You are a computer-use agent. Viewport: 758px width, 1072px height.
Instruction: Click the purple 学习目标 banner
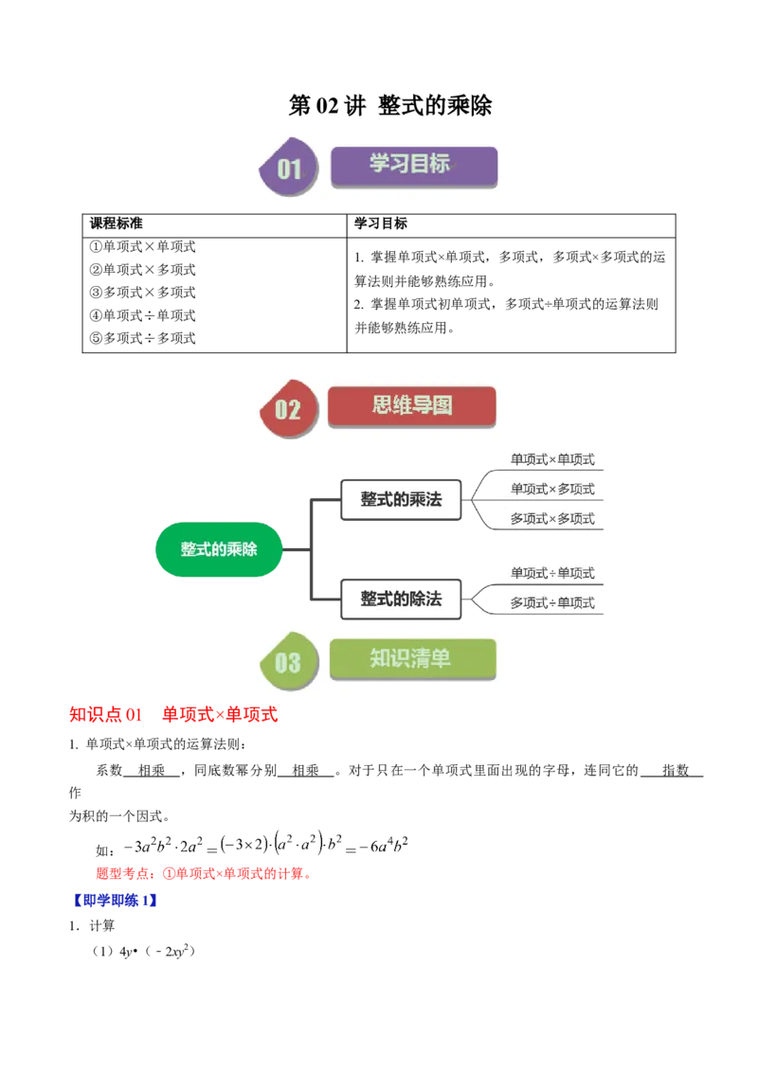coord(413,166)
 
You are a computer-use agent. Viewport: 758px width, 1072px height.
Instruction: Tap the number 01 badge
coord(288,170)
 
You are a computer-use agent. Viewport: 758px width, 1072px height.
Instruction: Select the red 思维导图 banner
coord(411,406)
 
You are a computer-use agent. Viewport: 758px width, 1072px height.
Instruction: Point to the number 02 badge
coord(287,409)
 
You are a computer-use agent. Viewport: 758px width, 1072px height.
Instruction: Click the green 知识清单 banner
coord(412,659)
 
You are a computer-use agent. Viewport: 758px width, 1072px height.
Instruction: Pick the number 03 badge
coord(287,662)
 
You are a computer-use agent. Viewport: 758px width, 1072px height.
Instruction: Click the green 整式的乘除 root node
coord(219,549)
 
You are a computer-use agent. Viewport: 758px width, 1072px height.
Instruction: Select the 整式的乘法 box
coord(401,499)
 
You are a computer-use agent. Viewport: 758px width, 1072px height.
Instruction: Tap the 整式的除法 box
coord(401,599)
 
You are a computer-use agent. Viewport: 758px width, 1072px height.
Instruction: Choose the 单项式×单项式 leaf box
coord(552,460)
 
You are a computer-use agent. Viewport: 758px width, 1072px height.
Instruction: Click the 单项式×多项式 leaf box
coord(552,490)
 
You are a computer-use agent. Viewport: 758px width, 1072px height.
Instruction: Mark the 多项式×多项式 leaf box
coord(552,519)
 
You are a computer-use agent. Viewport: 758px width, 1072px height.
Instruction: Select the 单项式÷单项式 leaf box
coord(552,573)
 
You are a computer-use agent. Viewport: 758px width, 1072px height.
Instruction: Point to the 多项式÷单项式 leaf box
coord(552,603)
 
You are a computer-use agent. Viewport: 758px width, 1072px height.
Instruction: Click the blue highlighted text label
coord(115,900)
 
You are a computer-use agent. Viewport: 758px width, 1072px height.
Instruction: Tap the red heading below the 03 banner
coord(173,716)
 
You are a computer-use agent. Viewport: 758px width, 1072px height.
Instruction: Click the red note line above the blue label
coord(202,875)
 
